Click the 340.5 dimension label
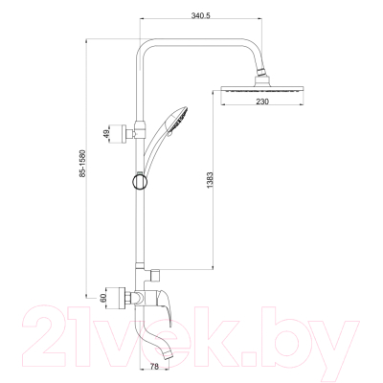pos(201,15)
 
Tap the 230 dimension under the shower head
pos(262,101)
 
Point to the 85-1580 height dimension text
pos(83,163)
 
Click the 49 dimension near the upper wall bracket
pos(107,132)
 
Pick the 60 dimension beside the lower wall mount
pos(102,299)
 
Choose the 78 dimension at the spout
pos(154,367)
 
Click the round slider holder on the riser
pos(140,182)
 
